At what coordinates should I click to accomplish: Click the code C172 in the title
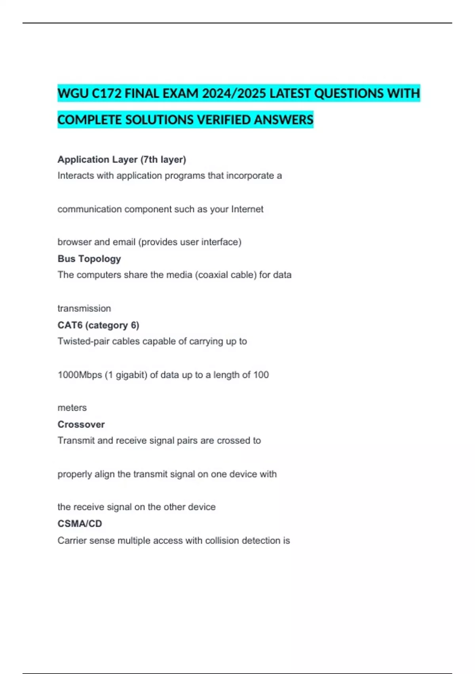point(106,94)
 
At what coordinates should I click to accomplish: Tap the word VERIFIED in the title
point(224,120)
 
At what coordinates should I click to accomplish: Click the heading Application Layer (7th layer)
point(122,159)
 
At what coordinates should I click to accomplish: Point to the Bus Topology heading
point(89,258)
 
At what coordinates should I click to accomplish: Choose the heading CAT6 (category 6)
point(98,325)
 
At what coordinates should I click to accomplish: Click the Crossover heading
point(81,424)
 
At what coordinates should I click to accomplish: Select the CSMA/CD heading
point(80,524)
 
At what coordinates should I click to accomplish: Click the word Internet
point(247,209)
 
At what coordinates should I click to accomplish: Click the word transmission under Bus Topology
point(84,308)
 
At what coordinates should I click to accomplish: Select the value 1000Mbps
point(80,375)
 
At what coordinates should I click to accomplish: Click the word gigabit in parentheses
point(129,375)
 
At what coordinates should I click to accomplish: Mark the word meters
point(72,408)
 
